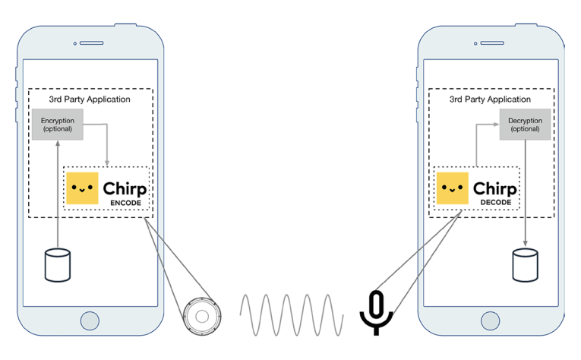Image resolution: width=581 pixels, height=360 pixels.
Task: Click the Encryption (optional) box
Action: pyautogui.click(x=57, y=125)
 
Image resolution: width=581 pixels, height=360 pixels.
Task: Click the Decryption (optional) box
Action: pyautogui.click(x=525, y=125)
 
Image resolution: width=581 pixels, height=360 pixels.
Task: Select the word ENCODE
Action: pyautogui.click(x=125, y=203)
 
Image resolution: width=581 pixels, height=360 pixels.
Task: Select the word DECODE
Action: pyautogui.click(x=495, y=203)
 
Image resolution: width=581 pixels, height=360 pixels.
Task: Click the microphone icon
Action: pyautogui.click(x=376, y=311)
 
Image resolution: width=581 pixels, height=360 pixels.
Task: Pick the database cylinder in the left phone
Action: pyautogui.click(x=57, y=263)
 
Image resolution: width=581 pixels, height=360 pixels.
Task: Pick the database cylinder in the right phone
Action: pyautogui.click(x=525, y=263)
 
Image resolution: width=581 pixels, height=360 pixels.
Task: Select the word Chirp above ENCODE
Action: pyautogui.click(x=125, y=187)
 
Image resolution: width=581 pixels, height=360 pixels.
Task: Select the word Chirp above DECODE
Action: pyautogui.click(x=495, y=187)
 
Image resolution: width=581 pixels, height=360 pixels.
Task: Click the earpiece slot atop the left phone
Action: pyautogui.click(x=90, y=44)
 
